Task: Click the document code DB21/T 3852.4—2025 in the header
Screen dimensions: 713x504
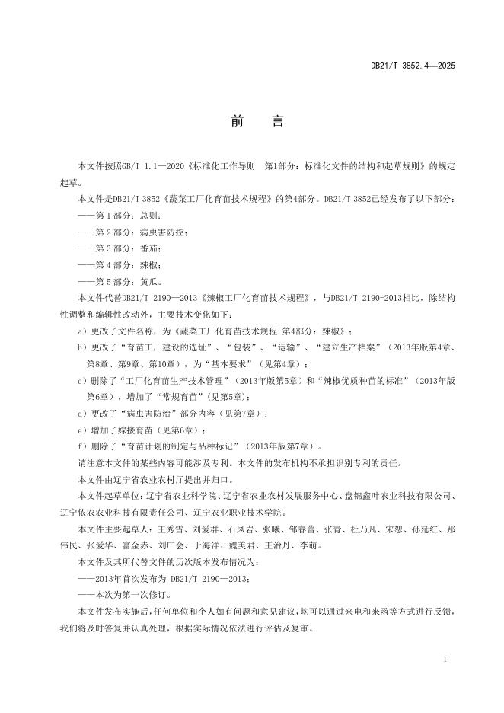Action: coord(413,66)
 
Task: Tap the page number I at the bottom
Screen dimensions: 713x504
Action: coord(444,656)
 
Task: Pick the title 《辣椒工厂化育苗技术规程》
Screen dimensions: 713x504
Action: coord(260,298)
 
